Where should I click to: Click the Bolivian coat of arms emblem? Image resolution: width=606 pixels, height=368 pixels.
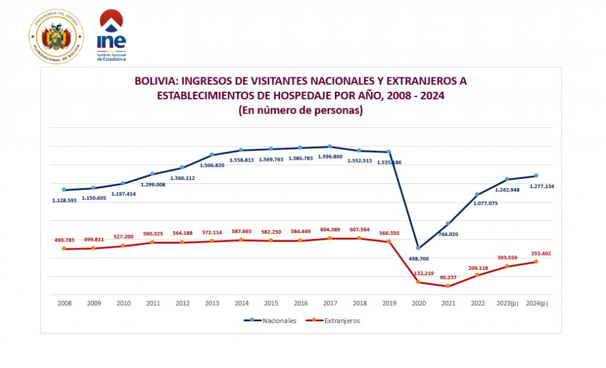(56, 36)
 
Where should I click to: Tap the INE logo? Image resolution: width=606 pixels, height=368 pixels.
(111, 35)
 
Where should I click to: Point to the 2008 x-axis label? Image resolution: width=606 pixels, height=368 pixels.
(65, 303)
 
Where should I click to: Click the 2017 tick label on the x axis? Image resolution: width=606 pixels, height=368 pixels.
(330, 303)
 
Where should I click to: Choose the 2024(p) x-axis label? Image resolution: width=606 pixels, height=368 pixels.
(537, 303)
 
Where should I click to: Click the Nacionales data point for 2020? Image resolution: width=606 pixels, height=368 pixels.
(418, 248)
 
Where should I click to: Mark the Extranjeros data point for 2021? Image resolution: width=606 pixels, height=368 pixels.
(448, 286)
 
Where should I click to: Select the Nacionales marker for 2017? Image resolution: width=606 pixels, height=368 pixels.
(330, 147)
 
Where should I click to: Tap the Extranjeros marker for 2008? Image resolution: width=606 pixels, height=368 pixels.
(64, 249)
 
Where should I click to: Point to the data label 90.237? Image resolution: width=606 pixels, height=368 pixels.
(448, 277)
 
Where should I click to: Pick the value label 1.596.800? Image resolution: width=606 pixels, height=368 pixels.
(330, 157)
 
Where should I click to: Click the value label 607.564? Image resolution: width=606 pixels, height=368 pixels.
(360, 230)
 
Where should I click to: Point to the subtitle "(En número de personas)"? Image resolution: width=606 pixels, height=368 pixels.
(300, 110)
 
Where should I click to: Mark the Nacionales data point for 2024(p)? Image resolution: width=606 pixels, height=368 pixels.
(536, 176)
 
